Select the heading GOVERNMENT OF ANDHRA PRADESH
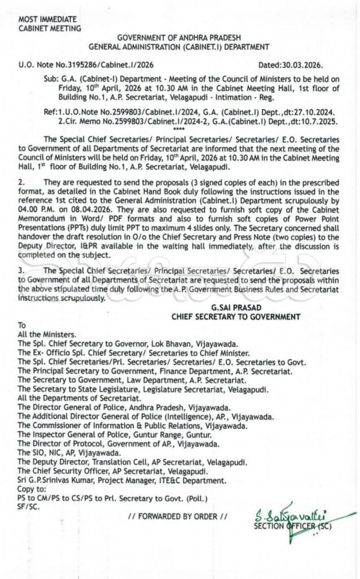179,37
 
